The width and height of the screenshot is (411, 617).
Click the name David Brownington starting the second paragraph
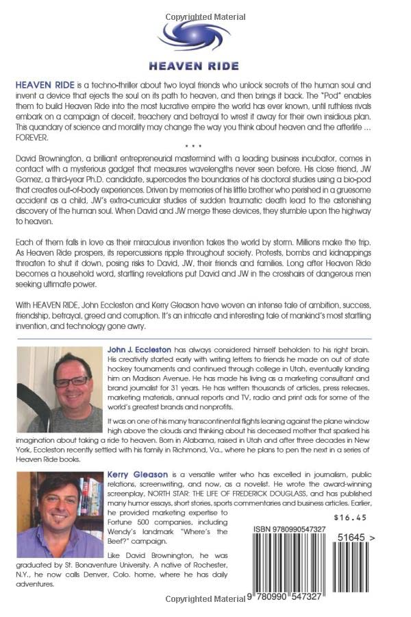(58, 157)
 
